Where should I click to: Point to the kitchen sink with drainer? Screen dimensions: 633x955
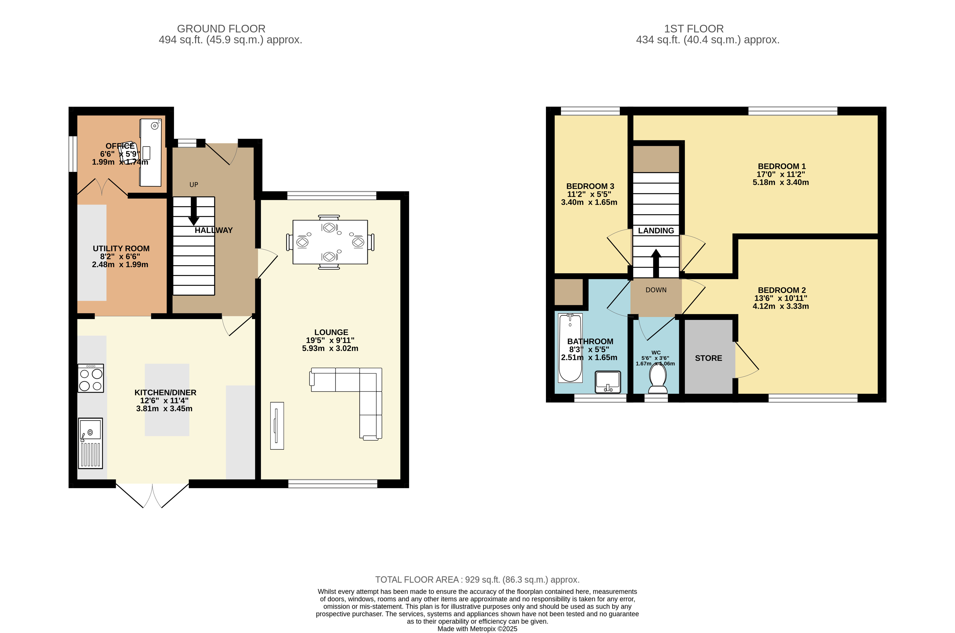[x=90, y=443]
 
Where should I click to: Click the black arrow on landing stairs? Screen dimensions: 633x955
[x=656, y=262]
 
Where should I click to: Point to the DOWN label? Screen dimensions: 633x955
[x=656, y=290]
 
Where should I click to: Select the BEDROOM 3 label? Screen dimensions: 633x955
[x=590, y=186]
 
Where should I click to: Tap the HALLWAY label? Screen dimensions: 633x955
[x=213, y=230]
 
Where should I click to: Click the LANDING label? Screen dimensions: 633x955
[x=656, y=231]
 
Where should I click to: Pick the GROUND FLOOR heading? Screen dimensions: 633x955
[x=221, y=29]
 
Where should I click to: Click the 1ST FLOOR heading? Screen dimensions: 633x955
[x=694, y=29]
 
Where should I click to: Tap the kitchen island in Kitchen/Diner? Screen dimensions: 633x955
[x=167, y=400]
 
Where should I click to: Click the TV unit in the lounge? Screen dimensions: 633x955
[x=277, y=426]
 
